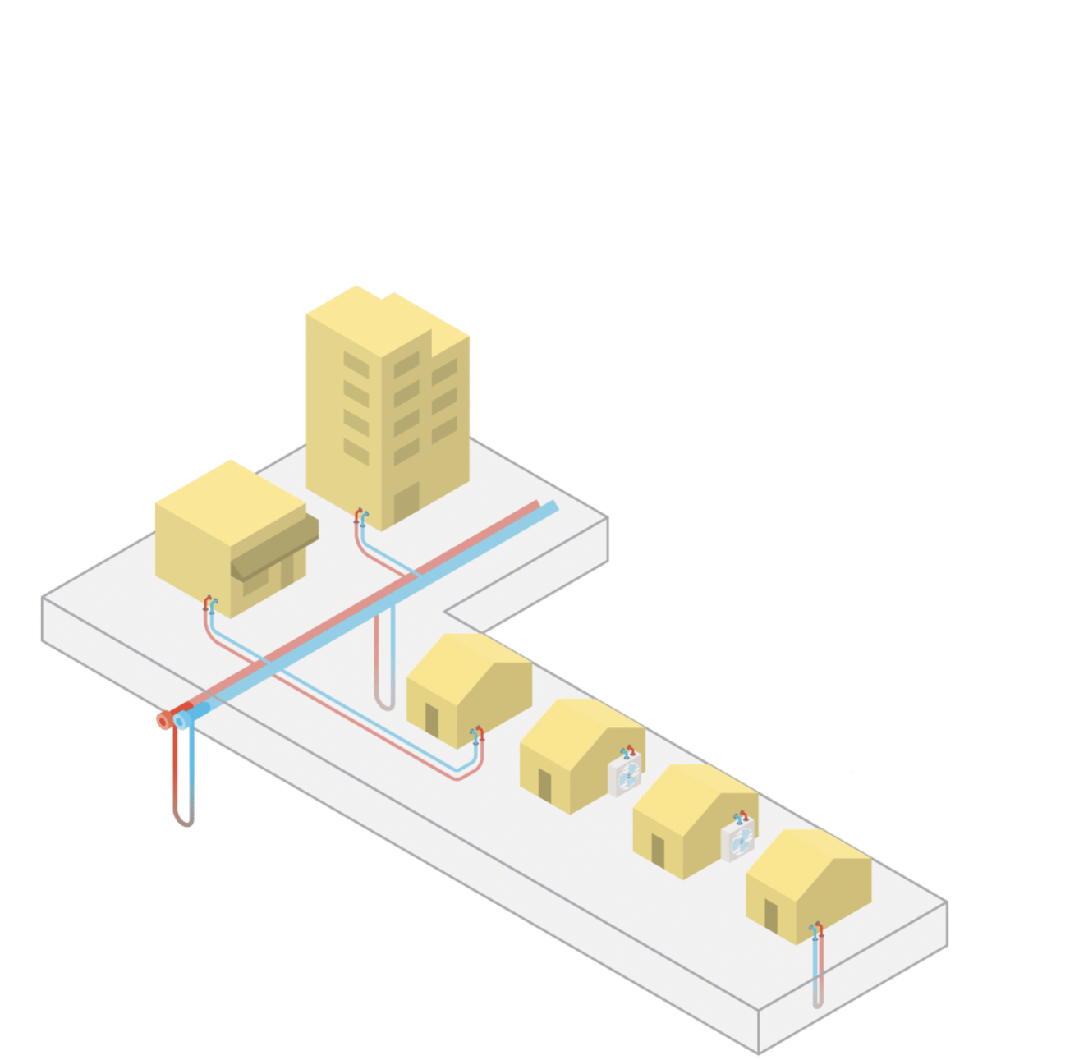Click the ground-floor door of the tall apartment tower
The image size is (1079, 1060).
[x=406, y=501]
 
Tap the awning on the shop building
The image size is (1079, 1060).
[x=274, y=548]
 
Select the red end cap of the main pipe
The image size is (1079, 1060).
[x=164, y=721]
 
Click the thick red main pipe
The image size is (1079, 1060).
[x=345, y=612]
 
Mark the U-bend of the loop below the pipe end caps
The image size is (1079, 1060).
[x=184, y=820]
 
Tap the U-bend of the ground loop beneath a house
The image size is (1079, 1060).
[x=817, y=1003]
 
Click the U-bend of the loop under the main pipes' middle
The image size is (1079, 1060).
[x=384, y=704]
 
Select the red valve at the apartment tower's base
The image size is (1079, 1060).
[x=358, y=515]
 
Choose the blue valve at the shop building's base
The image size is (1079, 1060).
[x=214, y=606]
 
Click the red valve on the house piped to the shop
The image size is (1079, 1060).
[x=480, y=732]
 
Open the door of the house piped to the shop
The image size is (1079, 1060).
[x=431, y=721]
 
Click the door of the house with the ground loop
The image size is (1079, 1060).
[x=770, y=915]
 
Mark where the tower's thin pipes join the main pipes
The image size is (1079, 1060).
[x=411, y=575]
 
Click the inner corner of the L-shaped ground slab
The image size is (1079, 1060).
[x=445, y=612]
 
